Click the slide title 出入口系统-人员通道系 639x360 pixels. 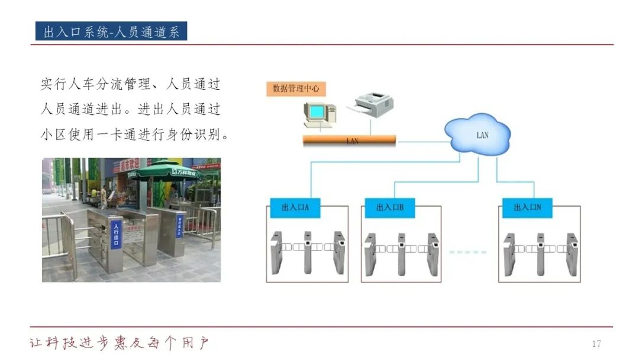click(x=111, y=31)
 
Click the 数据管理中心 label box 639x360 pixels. click(x=296, y=88)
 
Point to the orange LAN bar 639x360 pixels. click(x=349, y=141)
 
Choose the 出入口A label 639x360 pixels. click(x=295, y=208)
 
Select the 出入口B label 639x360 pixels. click(x=389, y=208)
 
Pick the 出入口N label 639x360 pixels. click(x=527, y=208)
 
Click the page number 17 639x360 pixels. click(x=596, y=344)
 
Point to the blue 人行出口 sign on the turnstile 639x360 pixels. click(x=116, y=234)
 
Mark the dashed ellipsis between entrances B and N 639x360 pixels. click(x=467, y=252)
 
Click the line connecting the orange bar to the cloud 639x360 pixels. click(x=420, y=142)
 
